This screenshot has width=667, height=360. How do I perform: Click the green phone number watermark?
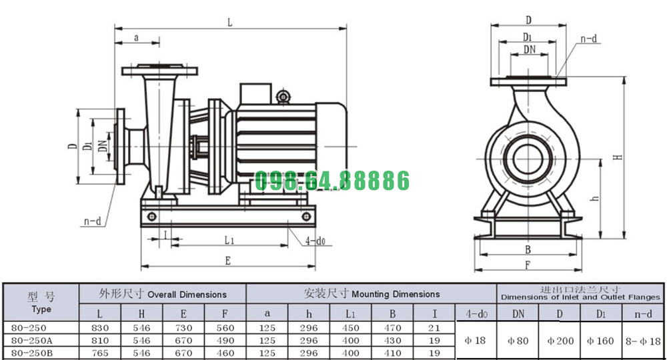click(331, 180)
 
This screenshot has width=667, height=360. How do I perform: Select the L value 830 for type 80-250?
click(100, 328)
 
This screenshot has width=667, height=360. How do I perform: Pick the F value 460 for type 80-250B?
click(225, 353)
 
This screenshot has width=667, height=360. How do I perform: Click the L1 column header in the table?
click(351, 314)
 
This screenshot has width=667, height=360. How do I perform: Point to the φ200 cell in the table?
click(560, 341)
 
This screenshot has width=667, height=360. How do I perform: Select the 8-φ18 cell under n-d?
click(643, 341)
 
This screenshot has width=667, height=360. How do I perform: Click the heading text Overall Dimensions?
click(187, 295)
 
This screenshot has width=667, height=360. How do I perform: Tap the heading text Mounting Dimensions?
click(396, 294)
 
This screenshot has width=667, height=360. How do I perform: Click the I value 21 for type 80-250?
click(434, 328)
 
